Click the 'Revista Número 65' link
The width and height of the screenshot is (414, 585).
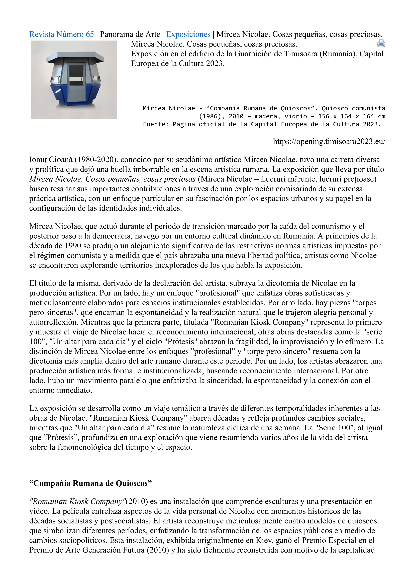coord(61,34)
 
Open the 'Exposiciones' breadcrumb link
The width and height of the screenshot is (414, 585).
coord(188,34)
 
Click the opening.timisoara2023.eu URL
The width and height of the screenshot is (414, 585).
coord(329,141)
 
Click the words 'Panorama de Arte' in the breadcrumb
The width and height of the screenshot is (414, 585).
coord(130,34)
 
